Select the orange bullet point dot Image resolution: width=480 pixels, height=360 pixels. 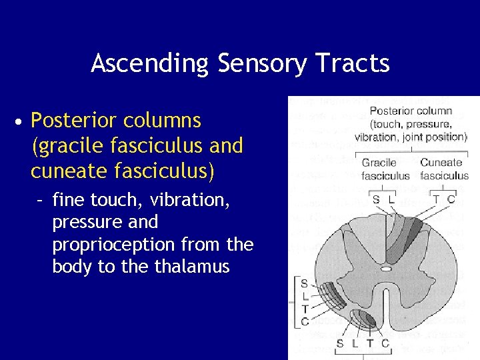coord(21,122)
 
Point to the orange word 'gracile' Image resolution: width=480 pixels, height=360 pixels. coord(66,146)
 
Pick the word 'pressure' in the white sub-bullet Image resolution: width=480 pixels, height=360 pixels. coord(85,222)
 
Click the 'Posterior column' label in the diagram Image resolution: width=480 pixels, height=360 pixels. coord(411,111)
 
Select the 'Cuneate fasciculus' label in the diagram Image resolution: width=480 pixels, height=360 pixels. coord(444,169)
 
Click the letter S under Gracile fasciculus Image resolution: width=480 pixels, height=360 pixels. coord(376,199)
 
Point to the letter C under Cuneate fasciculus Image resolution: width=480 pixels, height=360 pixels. coord(451,199)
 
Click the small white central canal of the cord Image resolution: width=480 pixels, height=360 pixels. coord(386,269)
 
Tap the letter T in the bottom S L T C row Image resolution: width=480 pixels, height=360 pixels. coord(370,343)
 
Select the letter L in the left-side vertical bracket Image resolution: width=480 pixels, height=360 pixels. coord(304,296)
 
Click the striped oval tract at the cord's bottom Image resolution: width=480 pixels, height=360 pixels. coord(363,319)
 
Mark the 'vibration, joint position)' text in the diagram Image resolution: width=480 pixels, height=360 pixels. coord(411,137)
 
